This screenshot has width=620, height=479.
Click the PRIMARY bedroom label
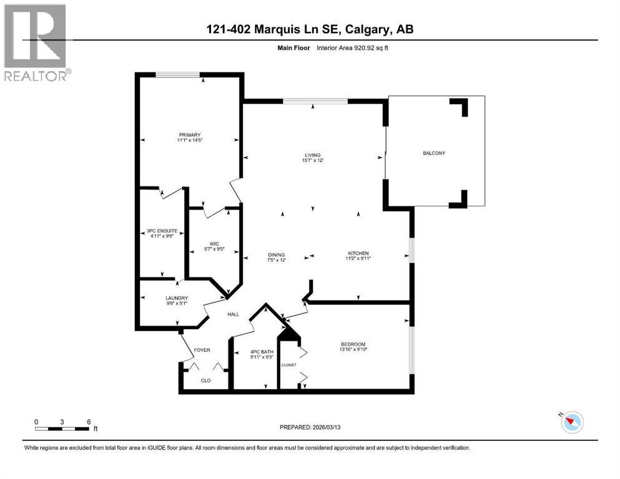click(189, 135)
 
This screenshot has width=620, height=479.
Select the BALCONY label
click(434, 153)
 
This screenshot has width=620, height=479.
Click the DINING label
click(276, 254)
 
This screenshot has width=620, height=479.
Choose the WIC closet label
click(214, 244)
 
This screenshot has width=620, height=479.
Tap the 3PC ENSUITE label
click(162, 231)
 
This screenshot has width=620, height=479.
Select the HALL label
click(233, 314)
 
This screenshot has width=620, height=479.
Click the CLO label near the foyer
click(205, 380)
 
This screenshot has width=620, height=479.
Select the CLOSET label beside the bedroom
click(288, 365)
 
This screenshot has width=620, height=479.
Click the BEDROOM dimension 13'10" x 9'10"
click(353, 351)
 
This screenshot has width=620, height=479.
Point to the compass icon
click(571, 422)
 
